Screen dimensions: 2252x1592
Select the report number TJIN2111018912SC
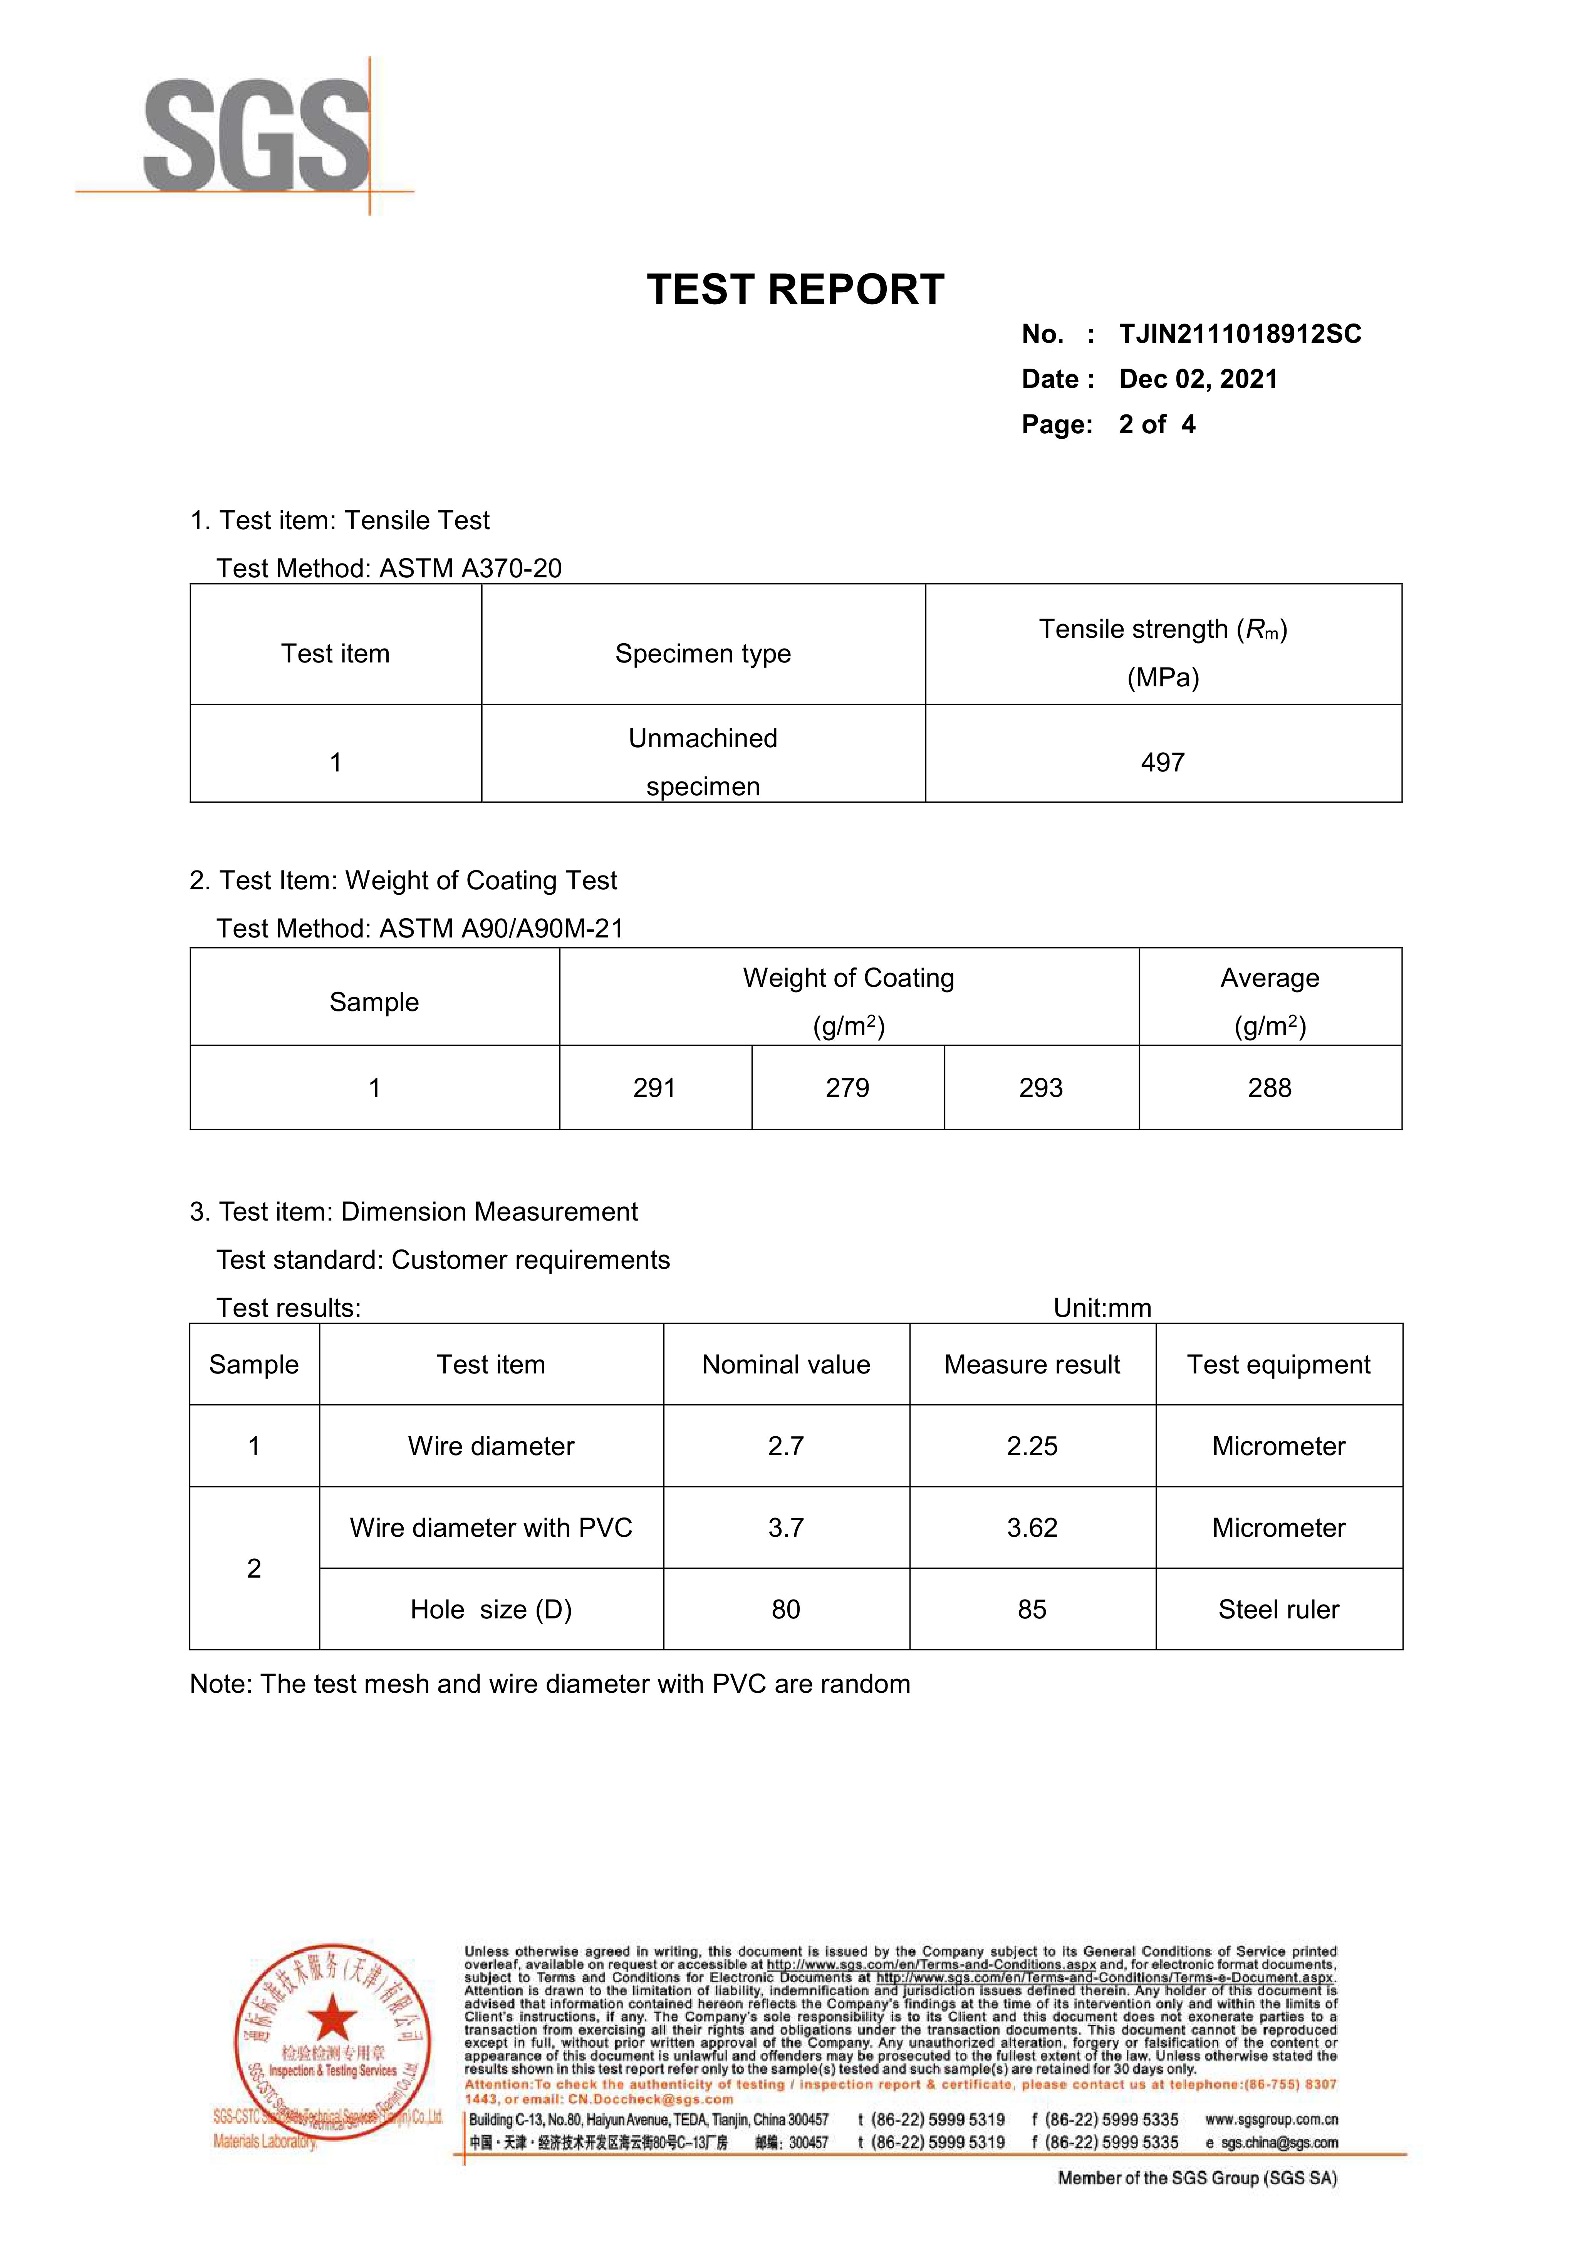point(1240,334)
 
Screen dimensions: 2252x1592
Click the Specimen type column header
point(702,653)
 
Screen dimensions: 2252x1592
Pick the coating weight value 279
point(847,1088)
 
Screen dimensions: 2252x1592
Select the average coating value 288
point(1269,1088)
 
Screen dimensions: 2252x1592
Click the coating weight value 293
point(1041,1088)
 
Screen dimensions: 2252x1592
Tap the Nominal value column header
point(786,1364)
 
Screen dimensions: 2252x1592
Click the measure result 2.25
point(1032,1446)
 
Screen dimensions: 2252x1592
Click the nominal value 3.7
point(786,1527)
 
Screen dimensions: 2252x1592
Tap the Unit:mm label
point(1102,1308)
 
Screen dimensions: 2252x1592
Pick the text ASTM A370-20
point(471,569)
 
